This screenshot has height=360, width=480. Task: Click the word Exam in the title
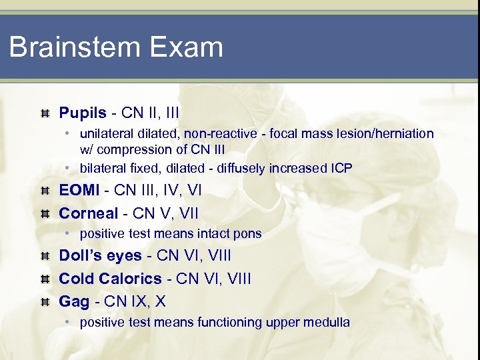[190, 47]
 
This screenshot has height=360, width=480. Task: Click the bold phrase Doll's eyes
[100, 255]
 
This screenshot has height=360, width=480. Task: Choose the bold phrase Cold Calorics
[110, 278]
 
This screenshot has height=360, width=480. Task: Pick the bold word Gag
[74, 301]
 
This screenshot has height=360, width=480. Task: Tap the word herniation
[406, 134]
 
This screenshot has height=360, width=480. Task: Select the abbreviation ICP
[341, 168]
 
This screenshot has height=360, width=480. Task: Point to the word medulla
[326, 323]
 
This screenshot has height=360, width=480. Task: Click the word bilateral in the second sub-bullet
[101, 168]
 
